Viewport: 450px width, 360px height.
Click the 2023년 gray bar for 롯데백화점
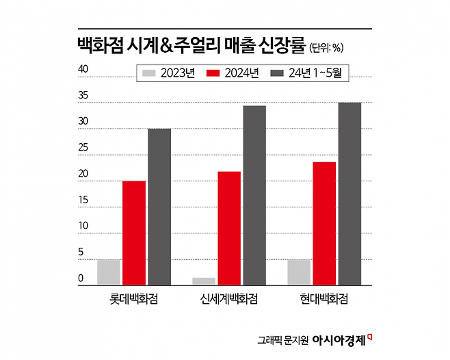coord(109,272)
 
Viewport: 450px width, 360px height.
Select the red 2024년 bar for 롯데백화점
coord(134,233)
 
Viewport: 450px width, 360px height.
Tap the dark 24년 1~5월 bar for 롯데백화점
coord(159,207)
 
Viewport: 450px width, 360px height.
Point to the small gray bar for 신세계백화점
coord(204,281)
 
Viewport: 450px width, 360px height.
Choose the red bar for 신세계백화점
coord(229,228)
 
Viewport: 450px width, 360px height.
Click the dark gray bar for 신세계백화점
coord(254,195)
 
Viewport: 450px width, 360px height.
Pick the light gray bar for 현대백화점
coord(299,272)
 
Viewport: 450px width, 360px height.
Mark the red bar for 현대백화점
coord(324,223)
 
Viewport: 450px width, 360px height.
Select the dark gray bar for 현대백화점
coord(349,194)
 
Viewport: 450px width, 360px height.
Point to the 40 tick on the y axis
coord(83,69)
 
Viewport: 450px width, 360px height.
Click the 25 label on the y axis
coord(83,148)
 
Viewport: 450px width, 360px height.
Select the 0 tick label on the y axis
coord(80,279)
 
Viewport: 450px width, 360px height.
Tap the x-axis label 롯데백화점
coord(134,299)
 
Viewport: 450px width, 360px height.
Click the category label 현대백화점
coord(324,299)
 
